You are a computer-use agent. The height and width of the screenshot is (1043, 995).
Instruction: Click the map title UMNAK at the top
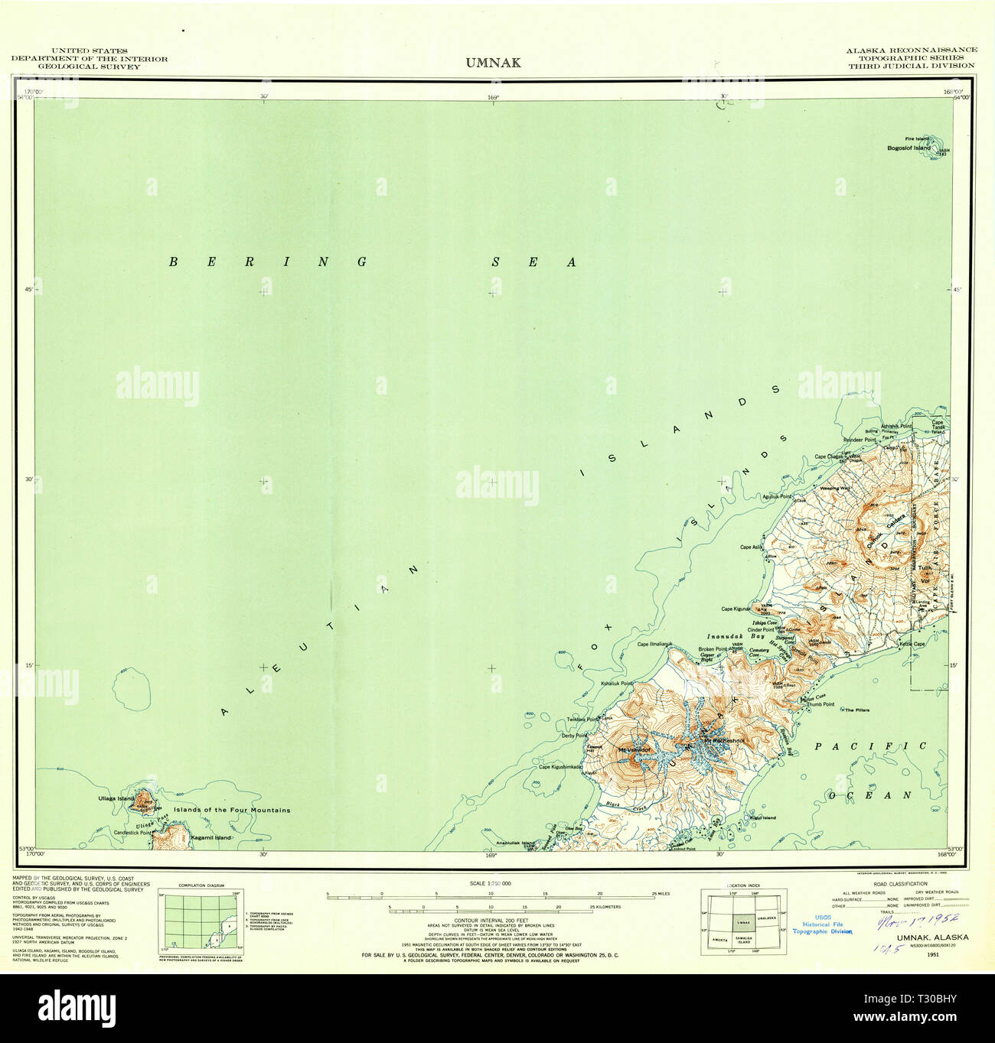pyautogui.click(x=493, y=63)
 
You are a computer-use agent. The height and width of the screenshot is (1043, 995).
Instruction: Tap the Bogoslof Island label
pyautogui.click(x=909, y=148)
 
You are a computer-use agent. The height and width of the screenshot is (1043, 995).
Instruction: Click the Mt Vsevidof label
pyautogui.click(x=634, y=749)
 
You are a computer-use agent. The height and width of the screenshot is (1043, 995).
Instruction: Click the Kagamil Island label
pyautogui.click(x=211, y=837)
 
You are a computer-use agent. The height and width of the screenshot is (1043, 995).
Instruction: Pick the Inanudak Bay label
pyautogui.click(x=726, y=635)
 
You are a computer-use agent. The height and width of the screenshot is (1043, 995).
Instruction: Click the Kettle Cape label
pyautogui.click(x=912, y=644)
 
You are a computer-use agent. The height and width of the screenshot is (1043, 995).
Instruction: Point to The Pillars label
pyautogui.click(x=857, y=710)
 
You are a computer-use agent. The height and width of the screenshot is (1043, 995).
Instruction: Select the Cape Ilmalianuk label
pyautogui.click(x=654, y=644)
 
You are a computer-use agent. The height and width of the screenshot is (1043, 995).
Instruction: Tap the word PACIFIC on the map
pyautogui.click(x=870, y=746)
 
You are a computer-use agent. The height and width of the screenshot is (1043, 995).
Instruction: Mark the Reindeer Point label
pyautogui.click(x=859, y=440)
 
